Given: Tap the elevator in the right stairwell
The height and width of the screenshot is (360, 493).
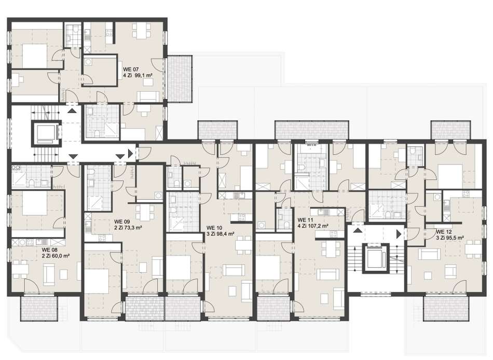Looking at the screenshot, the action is [x=376, y=257].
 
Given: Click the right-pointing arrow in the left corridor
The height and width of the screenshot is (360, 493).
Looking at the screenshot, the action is [x=130, y=154].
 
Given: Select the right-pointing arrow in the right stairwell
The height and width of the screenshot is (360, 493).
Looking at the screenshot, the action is [x=399, y=234].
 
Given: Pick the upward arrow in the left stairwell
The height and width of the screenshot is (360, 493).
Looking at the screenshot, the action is [x=72, y=110].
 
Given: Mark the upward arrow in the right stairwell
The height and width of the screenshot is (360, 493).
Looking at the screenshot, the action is [x=358, y=231].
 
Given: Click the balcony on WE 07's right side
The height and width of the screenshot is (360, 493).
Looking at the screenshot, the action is [x=180, y=79].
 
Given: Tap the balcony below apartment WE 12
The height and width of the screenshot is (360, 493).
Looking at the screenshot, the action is [x=446, y=309].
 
